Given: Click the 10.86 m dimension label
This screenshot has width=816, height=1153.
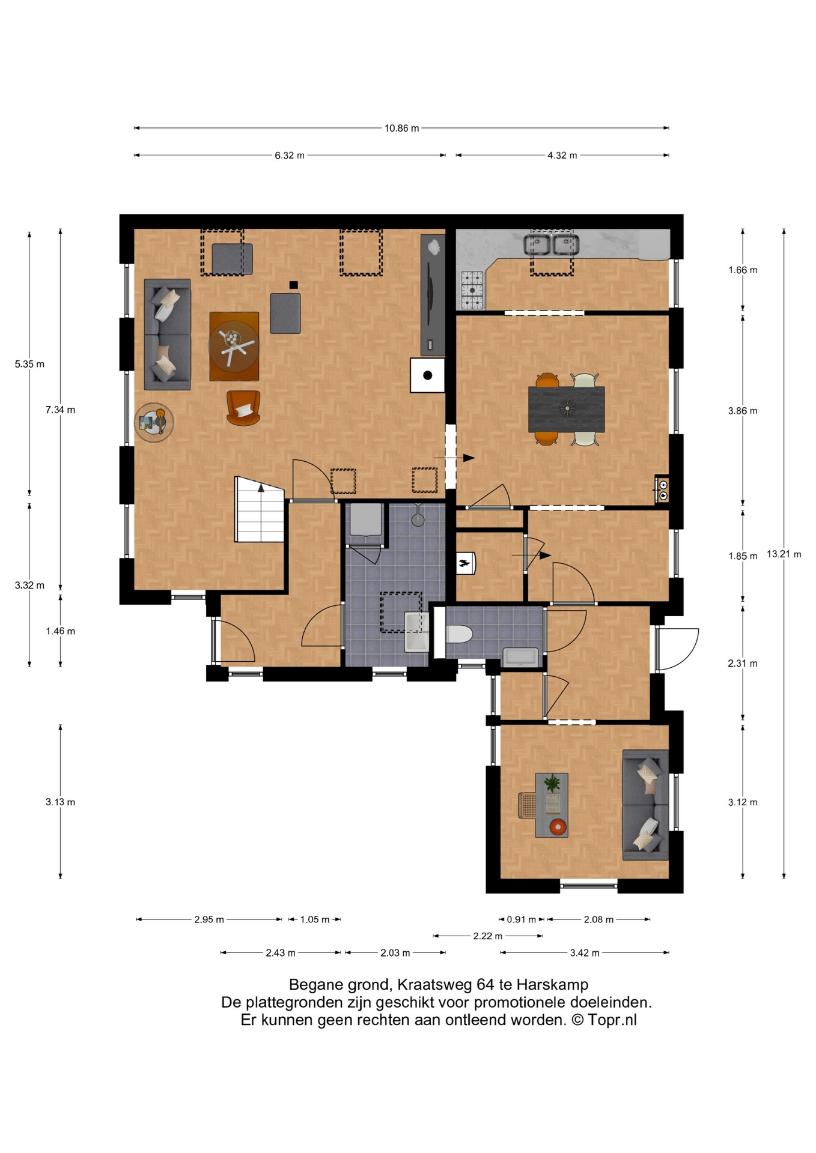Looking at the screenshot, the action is coord(402,128).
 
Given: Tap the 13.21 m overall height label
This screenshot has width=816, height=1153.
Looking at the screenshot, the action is coord(784,554).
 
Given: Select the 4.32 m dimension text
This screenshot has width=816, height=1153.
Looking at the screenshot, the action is coord(562,156).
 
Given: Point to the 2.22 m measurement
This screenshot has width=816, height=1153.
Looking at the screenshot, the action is coord(488,936).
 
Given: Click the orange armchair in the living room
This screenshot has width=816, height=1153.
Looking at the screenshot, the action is coord(243,407).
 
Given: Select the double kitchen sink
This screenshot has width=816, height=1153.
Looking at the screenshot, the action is coord(550,244).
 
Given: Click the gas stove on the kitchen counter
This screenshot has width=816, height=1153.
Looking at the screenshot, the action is coord(472,291).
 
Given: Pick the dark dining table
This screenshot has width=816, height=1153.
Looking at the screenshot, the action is coord(566,409).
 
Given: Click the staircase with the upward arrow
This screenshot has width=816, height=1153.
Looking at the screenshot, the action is coord(259,509).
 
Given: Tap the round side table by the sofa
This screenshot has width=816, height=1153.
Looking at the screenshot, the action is coord(154,422).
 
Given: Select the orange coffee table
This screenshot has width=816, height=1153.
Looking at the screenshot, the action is coord(234,346).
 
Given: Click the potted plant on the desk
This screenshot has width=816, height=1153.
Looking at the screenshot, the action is coord(552,783).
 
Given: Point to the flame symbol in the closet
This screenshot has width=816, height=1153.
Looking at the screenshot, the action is coord(464,563).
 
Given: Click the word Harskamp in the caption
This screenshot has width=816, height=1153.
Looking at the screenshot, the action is coord(552,985).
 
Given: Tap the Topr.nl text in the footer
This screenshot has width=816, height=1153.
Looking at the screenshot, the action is coord(612,1020).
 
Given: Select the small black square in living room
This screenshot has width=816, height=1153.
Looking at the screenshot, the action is coord(293,285).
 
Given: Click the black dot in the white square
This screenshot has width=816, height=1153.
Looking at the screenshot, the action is coord(428,375).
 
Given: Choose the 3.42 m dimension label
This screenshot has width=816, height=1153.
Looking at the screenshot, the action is coord(585,952).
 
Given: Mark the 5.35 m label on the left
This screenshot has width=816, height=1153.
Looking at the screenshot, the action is coord(29,364).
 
